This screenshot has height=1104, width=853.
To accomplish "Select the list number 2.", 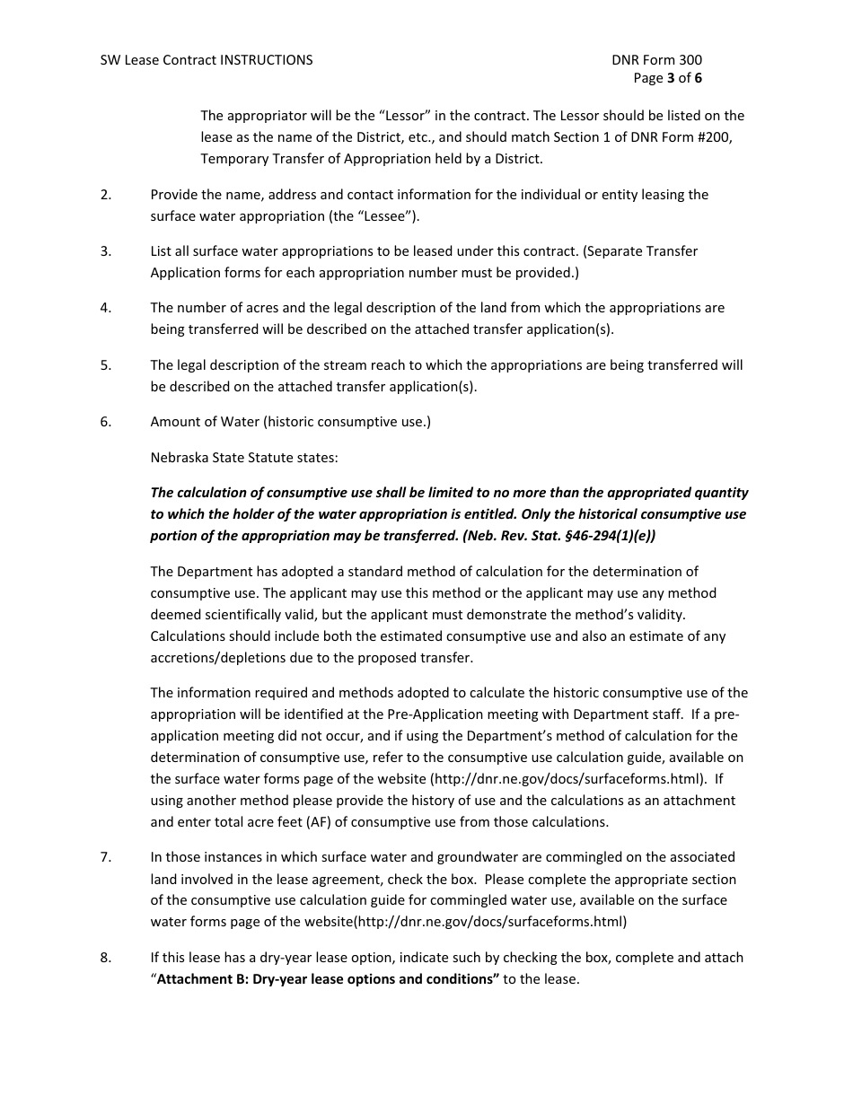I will (x=106, y=195).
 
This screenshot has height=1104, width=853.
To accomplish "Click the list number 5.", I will (x=106, y=365).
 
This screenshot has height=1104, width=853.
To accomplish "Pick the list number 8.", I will (x=106, y=958).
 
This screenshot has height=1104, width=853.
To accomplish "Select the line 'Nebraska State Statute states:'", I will (x=244, y=457).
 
